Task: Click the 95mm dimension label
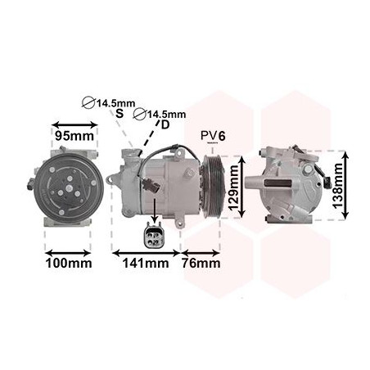(74, 136)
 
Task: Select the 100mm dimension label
(69, 264)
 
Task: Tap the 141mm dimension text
(146, 264)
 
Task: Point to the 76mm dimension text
(201, 264)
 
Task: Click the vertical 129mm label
(234, 187)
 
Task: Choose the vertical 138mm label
(337, 186)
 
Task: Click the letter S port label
(120, 113)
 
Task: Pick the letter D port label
(165, 124)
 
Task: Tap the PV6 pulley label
(213, 136)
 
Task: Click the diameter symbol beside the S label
(88, 103)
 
